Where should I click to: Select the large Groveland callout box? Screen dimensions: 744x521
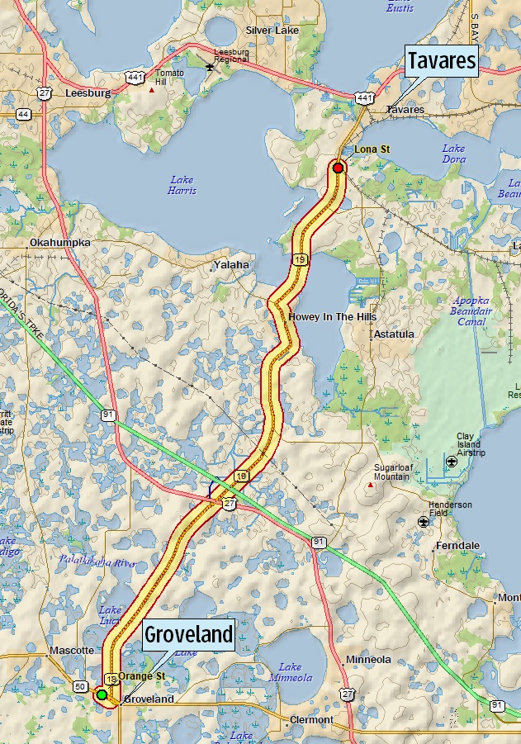188,635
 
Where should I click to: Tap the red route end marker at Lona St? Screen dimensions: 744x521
338,168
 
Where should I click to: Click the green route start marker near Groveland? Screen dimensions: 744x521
102,695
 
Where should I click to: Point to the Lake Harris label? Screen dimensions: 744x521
182,185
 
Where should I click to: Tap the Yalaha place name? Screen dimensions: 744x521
230,265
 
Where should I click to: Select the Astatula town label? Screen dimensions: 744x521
393,335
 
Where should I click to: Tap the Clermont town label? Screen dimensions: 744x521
311,720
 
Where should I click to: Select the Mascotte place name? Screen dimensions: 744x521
72,651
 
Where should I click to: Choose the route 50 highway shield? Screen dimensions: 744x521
80,686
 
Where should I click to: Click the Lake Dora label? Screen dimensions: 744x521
453,154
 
